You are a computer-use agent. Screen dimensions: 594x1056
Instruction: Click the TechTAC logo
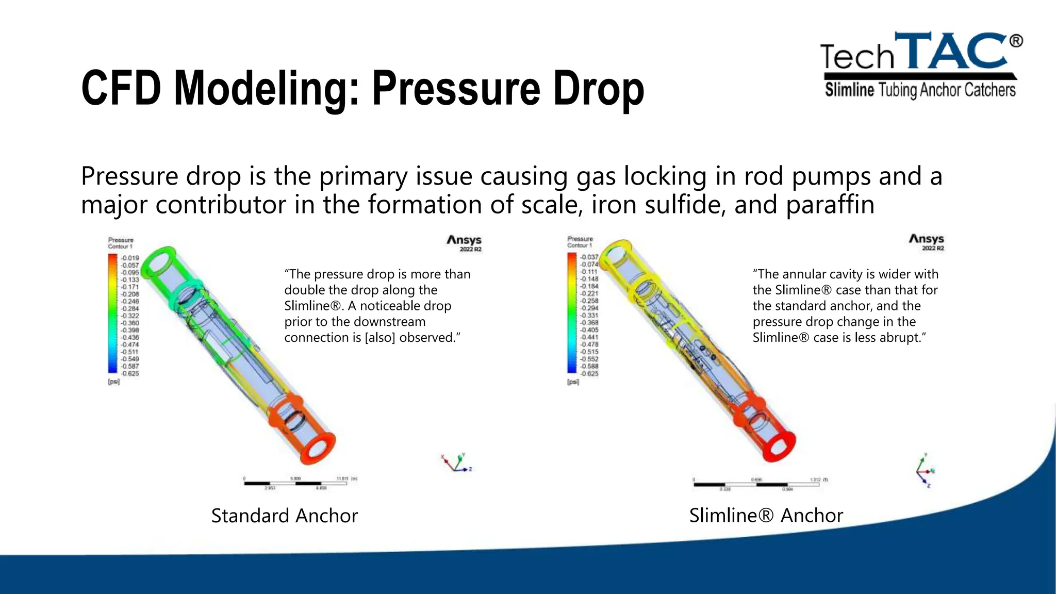(x=920, y=64)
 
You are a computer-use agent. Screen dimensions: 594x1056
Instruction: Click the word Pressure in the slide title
(x=456, y=89)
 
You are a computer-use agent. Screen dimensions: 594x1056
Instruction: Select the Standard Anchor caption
(x=284, y=516)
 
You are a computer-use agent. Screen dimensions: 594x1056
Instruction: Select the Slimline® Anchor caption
(x=766, y=516)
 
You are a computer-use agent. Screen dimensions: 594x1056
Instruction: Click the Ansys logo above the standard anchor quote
(x=464, y=242)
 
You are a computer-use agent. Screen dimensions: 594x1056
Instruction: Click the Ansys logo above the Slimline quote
(x=926, y=241)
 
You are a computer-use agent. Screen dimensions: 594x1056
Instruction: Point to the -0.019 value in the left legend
(x=130, y=258)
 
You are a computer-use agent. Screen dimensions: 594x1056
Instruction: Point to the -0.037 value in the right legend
(x=589, y=257)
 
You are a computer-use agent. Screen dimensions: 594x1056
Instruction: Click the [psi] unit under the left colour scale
(x=113, y=382)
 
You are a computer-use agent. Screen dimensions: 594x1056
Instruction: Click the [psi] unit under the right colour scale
(x=573, y=382)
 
